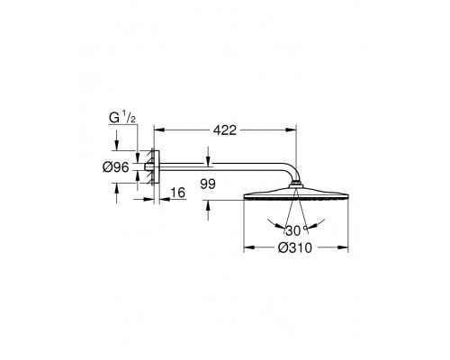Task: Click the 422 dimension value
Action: [225, 130]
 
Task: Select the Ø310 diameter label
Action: [295, 247]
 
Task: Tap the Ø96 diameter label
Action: [115, 167]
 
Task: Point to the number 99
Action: [208, 184]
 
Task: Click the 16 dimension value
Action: [178, 193]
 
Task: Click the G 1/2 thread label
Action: [122, 118]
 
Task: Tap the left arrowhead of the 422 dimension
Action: [159, 130]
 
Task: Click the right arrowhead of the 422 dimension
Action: [291, 130]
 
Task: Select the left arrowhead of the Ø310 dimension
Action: [249, 247]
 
